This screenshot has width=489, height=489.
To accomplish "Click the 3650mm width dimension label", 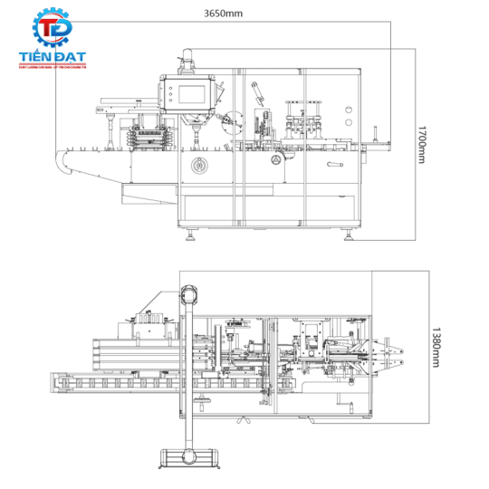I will pos(224,14).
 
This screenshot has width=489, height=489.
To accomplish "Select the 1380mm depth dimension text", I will pos(436,347).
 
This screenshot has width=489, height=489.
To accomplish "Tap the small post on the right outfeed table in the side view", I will pos(375,135).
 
